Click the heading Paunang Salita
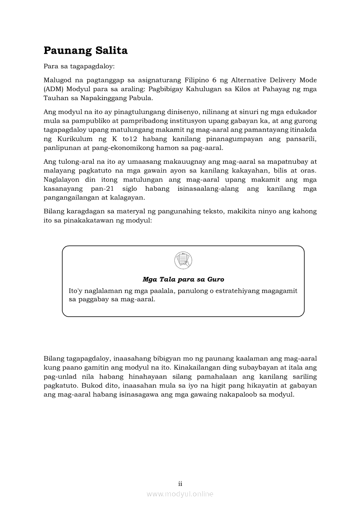[85, 51]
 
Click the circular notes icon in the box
[183, 260]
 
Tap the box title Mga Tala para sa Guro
[183, 279]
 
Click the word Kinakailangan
[196, 367]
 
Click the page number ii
[180, 483]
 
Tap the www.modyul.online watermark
[180, 494]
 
